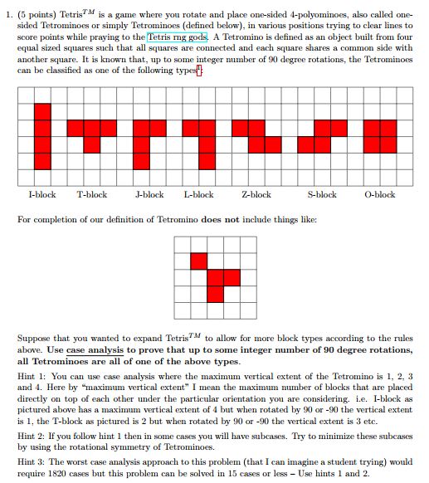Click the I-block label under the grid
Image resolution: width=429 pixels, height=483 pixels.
pyautogui.click(x=41, y=195)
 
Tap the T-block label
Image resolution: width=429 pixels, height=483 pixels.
pyautogui.click(x=91, y=195)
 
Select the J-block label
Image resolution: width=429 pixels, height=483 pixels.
pyautogui.click(x=149, y=195)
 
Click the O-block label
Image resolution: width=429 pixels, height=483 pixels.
pyautogui.click(x=380, y=195)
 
